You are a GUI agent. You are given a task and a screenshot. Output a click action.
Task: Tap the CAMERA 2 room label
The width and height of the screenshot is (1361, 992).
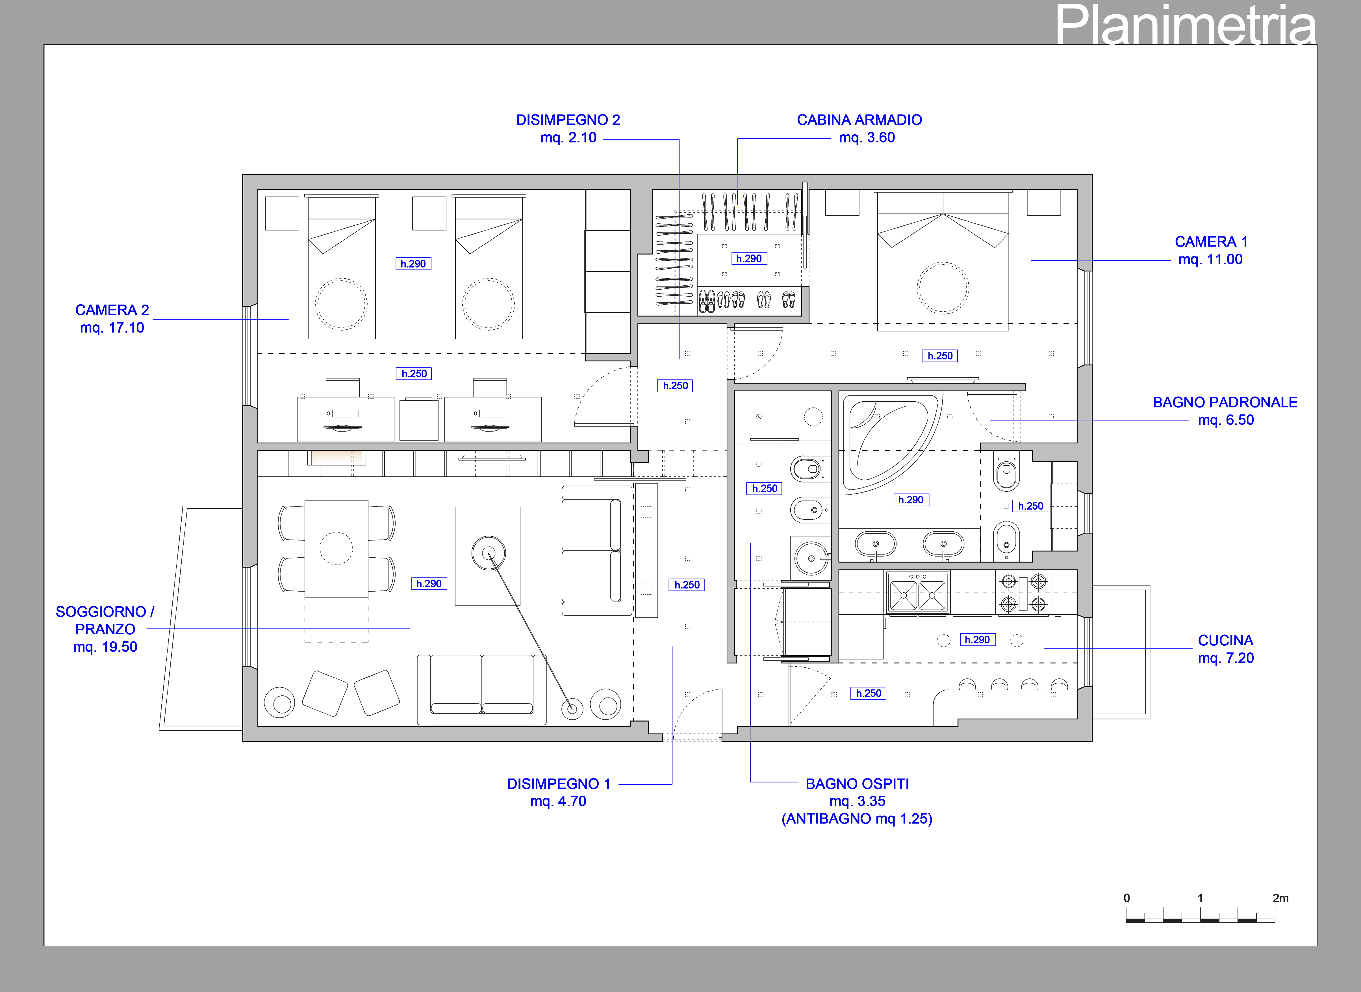(x=112, y=310)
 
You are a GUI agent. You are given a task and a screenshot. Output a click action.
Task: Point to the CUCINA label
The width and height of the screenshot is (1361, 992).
(x=1225, y=640)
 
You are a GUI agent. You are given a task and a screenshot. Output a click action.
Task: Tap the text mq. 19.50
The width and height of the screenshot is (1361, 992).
(x=105, y=647)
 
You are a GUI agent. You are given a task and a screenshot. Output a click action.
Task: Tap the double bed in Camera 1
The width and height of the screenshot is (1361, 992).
(x=943, y=261)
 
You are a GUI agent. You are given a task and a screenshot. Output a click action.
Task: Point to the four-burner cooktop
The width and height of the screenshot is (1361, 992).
(x=1024, y=593)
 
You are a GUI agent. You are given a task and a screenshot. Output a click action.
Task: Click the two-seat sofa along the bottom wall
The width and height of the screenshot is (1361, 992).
(x=482, y=689)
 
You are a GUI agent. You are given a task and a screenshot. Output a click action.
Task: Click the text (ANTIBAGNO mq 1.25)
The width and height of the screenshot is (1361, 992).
(x=857, y=819)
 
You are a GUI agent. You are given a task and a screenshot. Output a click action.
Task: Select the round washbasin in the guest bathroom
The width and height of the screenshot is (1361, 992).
(x=811, y=558)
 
